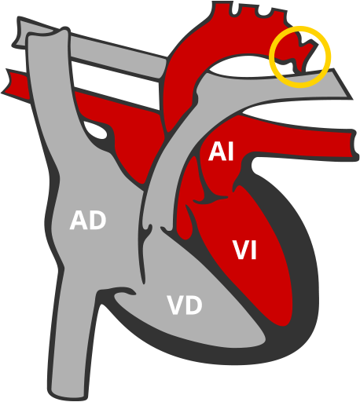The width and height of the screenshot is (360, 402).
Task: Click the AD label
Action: coord(87,221)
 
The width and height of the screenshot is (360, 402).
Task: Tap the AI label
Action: coord(221,152)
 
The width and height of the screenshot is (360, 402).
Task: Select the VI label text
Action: coord(245,250)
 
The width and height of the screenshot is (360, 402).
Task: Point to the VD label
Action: coord(185,305)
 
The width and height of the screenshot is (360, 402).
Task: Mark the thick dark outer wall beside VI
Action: coord(303,259)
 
